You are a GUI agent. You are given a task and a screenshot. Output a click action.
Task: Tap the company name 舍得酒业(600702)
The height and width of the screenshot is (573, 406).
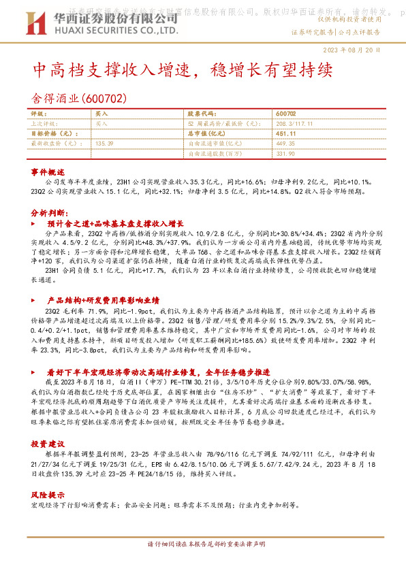point(80,97)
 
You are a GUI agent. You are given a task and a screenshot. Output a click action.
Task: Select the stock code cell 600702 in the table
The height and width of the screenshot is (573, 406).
point(286,115)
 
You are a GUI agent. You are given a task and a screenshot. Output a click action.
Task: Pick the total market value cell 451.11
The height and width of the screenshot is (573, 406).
point(286,134)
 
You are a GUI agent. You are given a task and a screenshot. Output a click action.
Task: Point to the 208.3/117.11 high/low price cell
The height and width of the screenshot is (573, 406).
point(294,125)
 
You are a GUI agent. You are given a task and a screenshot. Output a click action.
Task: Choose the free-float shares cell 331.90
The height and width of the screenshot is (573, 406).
point(286,153)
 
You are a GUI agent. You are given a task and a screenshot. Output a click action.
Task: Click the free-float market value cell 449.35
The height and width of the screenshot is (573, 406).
point(286,144)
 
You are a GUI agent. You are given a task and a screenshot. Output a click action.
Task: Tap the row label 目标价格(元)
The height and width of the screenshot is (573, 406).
point(51,134)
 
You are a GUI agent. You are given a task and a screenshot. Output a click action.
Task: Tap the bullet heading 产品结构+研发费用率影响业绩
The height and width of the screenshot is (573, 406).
point(102,299)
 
